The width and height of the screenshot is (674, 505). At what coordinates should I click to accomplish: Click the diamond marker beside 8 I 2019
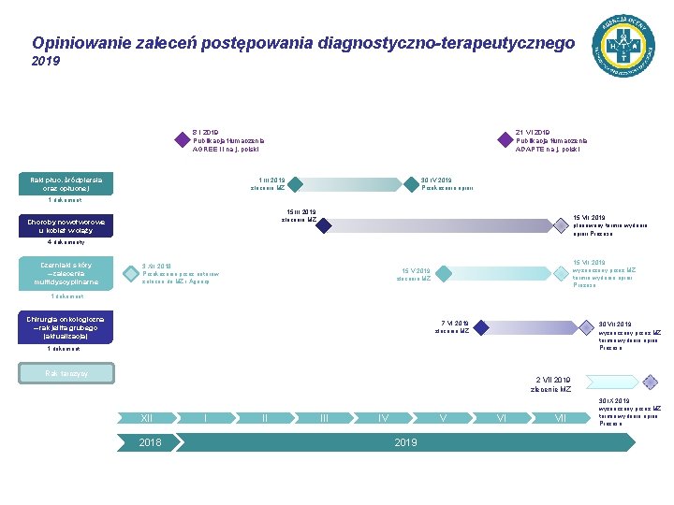pyautogui.click(x=182, y=140)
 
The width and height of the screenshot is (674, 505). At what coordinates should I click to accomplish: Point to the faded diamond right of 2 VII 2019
pyautogui.click(x=651, y=382)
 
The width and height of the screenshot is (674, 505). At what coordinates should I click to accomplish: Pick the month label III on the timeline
pyautogui.click(x=324, y=417)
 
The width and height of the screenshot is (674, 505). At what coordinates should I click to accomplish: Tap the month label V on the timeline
pyautogui.click(x=443, y=417)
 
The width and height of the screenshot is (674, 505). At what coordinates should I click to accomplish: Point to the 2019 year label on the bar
pyautogui.click(x=404, y=442)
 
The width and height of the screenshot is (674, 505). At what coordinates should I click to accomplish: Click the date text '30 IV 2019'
pyautogui.click(x=436, y=180)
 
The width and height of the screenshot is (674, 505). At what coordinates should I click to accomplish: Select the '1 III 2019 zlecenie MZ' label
pyautogui.click(x=271, y=183)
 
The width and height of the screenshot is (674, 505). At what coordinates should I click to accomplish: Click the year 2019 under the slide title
pyautogui.click(x=45, y=62)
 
